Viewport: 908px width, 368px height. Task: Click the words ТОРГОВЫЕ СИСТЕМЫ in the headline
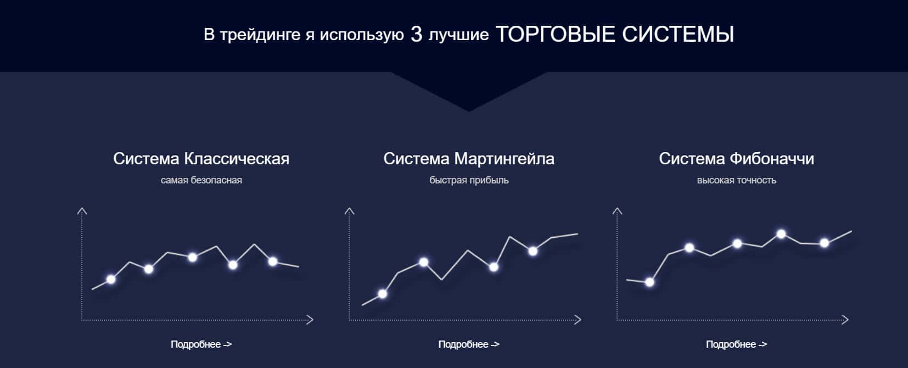(614, 34)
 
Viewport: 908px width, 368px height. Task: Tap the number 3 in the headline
(416, 34)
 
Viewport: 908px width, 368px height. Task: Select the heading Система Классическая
(201, 159)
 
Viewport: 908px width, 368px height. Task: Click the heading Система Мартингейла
(469, 159)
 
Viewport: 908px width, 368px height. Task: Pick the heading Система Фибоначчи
(736, 159)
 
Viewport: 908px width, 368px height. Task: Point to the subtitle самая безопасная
(201, 180)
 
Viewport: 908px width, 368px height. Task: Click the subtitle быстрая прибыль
(469, 180)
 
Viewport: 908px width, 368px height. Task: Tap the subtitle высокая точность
(737, 180)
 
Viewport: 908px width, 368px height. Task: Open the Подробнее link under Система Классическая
(201, 344)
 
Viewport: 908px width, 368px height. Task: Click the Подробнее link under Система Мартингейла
(469, 344)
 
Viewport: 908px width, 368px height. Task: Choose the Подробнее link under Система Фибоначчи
(737, 344)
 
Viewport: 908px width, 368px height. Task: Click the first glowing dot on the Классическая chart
(111, 279)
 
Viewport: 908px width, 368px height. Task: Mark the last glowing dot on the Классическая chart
(273, 261)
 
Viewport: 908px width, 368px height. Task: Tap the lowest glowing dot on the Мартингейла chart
(382, 294)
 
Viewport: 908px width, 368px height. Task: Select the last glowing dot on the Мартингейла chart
(533, 252)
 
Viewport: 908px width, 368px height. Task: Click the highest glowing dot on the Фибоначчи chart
(781, 234)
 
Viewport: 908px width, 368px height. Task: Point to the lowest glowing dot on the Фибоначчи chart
(649, 282)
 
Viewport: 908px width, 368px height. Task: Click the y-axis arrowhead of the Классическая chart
(82, 210)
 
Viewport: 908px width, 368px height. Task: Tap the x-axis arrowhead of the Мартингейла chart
(578, 320)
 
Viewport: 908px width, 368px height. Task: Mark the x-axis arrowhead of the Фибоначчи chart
(845, 320)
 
